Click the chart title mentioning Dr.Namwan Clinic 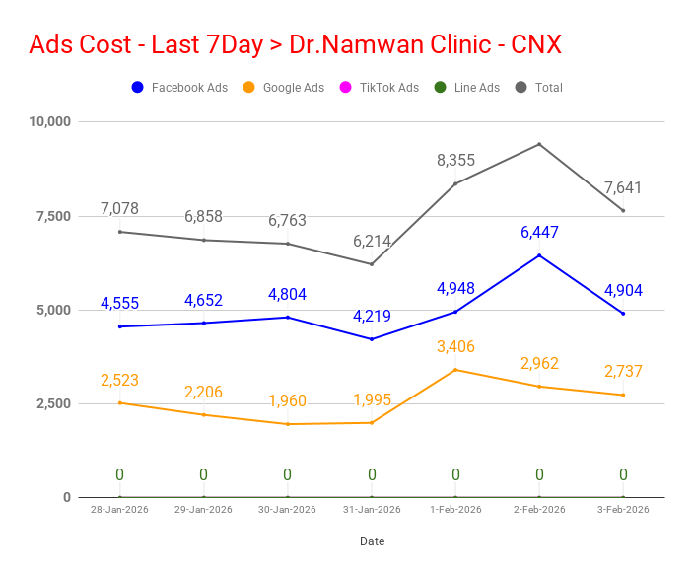pos(296,44)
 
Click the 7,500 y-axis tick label pos(53,216)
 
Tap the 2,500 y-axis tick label pos(53,403)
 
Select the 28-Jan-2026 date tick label pos(119,510)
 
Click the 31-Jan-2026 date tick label pos(372,510)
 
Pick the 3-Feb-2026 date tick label pos(623,510)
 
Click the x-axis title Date pos(372,541)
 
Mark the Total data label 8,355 pos(455,161)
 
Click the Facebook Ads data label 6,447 pos(539,233)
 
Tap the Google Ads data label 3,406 pos(455,347)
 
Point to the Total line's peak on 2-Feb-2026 pos(539,144)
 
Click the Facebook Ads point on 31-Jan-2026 pos(372,339)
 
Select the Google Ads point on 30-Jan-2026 pos(288,424)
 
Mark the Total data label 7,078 pos(119,209)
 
